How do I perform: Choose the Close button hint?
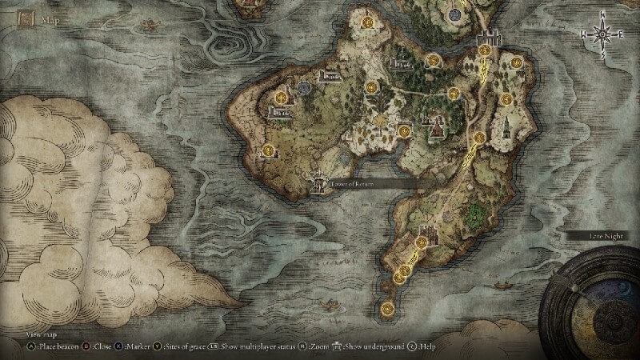100,346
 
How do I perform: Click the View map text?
39,335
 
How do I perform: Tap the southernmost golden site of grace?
389,306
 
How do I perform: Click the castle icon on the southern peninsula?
427,238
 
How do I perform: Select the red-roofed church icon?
437,126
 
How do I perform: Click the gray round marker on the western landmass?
303,87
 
